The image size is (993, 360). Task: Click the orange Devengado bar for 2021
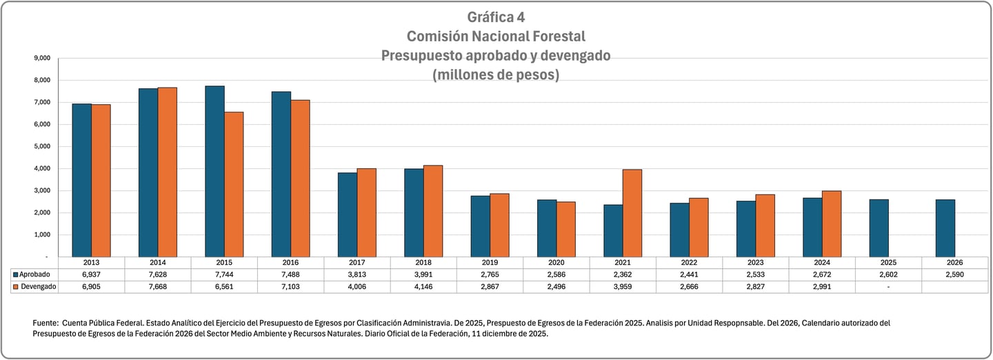tap(632, 212)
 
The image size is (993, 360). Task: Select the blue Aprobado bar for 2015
tap(214, 171)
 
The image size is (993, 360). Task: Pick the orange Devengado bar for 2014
tap(168, 172)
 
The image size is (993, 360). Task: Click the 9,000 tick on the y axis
tap(42, 58)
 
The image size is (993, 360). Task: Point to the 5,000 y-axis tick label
tap(42, 146)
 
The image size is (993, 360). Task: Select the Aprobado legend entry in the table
tap(34, 274)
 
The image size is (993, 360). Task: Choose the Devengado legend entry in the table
tap(36, 286)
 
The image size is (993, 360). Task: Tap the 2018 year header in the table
tap(423, 263)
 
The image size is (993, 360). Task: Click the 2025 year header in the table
tap(888, 263)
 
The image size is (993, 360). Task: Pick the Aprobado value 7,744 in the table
tap(224, 274)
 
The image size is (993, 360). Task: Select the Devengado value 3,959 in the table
tap(623, 286)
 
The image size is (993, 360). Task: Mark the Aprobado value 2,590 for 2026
tap(954, 274)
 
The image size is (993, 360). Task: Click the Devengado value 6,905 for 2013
tap(92, 286)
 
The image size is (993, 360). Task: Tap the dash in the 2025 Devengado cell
tap(888, 286)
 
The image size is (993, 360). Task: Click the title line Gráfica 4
tap(496, 17)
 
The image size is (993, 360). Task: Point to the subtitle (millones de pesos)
tap(496, 74)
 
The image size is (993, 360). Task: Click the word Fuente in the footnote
tap(46, 323)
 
